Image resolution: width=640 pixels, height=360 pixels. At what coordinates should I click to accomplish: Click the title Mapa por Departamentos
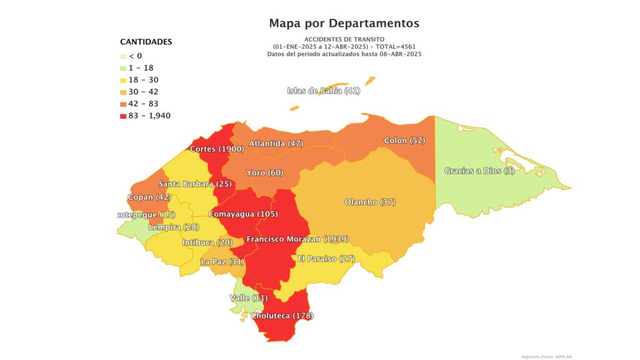(344, 23)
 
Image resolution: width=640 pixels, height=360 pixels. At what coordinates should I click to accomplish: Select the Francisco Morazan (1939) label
(297, 239)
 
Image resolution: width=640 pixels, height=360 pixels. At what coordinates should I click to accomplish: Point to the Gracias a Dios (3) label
(479, 171)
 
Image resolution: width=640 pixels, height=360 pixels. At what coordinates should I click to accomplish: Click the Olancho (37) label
(370, 202)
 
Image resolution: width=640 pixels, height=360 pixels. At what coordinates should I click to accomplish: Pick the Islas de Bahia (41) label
(324, 91)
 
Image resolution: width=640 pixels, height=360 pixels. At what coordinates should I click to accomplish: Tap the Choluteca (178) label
(281, 316)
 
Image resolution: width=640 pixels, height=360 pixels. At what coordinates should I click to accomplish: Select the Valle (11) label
(249, 297)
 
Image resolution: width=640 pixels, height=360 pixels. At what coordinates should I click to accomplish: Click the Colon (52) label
(404, 141)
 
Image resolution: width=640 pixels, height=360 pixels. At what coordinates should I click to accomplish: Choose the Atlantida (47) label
(276, 144)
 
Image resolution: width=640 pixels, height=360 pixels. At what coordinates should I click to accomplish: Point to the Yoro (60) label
(264, 172)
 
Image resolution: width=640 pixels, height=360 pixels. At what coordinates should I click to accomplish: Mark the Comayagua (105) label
(243, 214)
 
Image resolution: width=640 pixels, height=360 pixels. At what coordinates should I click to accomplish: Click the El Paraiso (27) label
(326, 259)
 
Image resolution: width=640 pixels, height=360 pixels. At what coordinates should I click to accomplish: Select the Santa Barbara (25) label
(195, 184)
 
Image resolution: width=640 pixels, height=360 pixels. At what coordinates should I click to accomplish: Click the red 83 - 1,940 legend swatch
(122, 116)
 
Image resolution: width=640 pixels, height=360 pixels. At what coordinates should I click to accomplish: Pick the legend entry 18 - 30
(142, 80)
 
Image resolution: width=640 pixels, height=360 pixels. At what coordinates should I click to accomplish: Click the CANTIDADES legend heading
(146, 42)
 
